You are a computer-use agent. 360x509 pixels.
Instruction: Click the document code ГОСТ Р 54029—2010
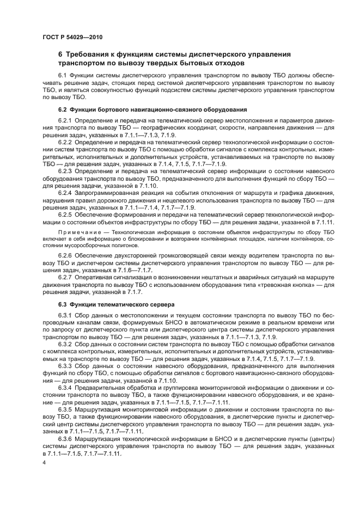pyautogui.click(x=72, y=37)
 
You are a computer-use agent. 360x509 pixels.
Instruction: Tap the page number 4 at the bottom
pyautogui.click(x=44, y=462)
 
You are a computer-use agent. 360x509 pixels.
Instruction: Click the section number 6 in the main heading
pyautogui.click(x=60, y=54)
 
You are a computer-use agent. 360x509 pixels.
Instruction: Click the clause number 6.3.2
pyautogui.click(x=65, y=345)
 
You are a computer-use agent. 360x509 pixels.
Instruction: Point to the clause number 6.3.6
pyautogui.click(x=65, y=439)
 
